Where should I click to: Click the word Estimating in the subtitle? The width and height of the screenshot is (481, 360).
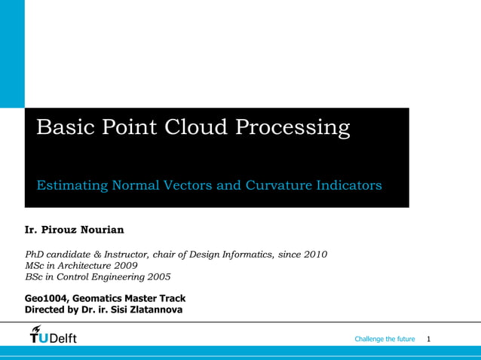[x=72, y=185]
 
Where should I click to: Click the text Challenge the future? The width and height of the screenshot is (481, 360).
[x=384, y=340]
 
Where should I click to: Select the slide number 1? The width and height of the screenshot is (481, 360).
[x=428, y=340]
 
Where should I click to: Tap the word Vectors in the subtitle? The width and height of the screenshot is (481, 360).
[x=185, y=185]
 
